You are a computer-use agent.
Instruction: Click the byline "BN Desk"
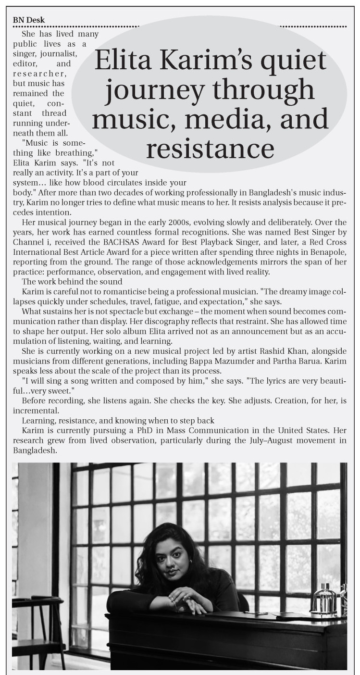(x=29, y=20)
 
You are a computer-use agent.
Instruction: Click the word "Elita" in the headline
(x=121, y=62)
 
